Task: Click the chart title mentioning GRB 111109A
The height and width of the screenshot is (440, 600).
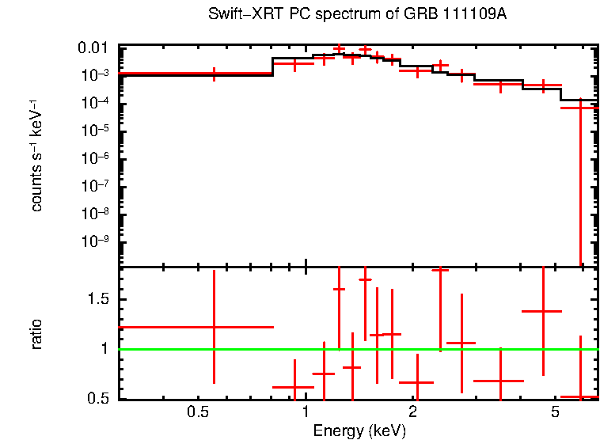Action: point(356,15)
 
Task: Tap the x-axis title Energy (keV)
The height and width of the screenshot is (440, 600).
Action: point(359,431)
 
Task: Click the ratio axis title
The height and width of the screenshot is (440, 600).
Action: point(36,334)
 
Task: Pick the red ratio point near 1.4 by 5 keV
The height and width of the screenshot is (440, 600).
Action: point(542,311)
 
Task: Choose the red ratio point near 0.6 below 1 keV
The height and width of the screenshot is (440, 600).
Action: point(294,388)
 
